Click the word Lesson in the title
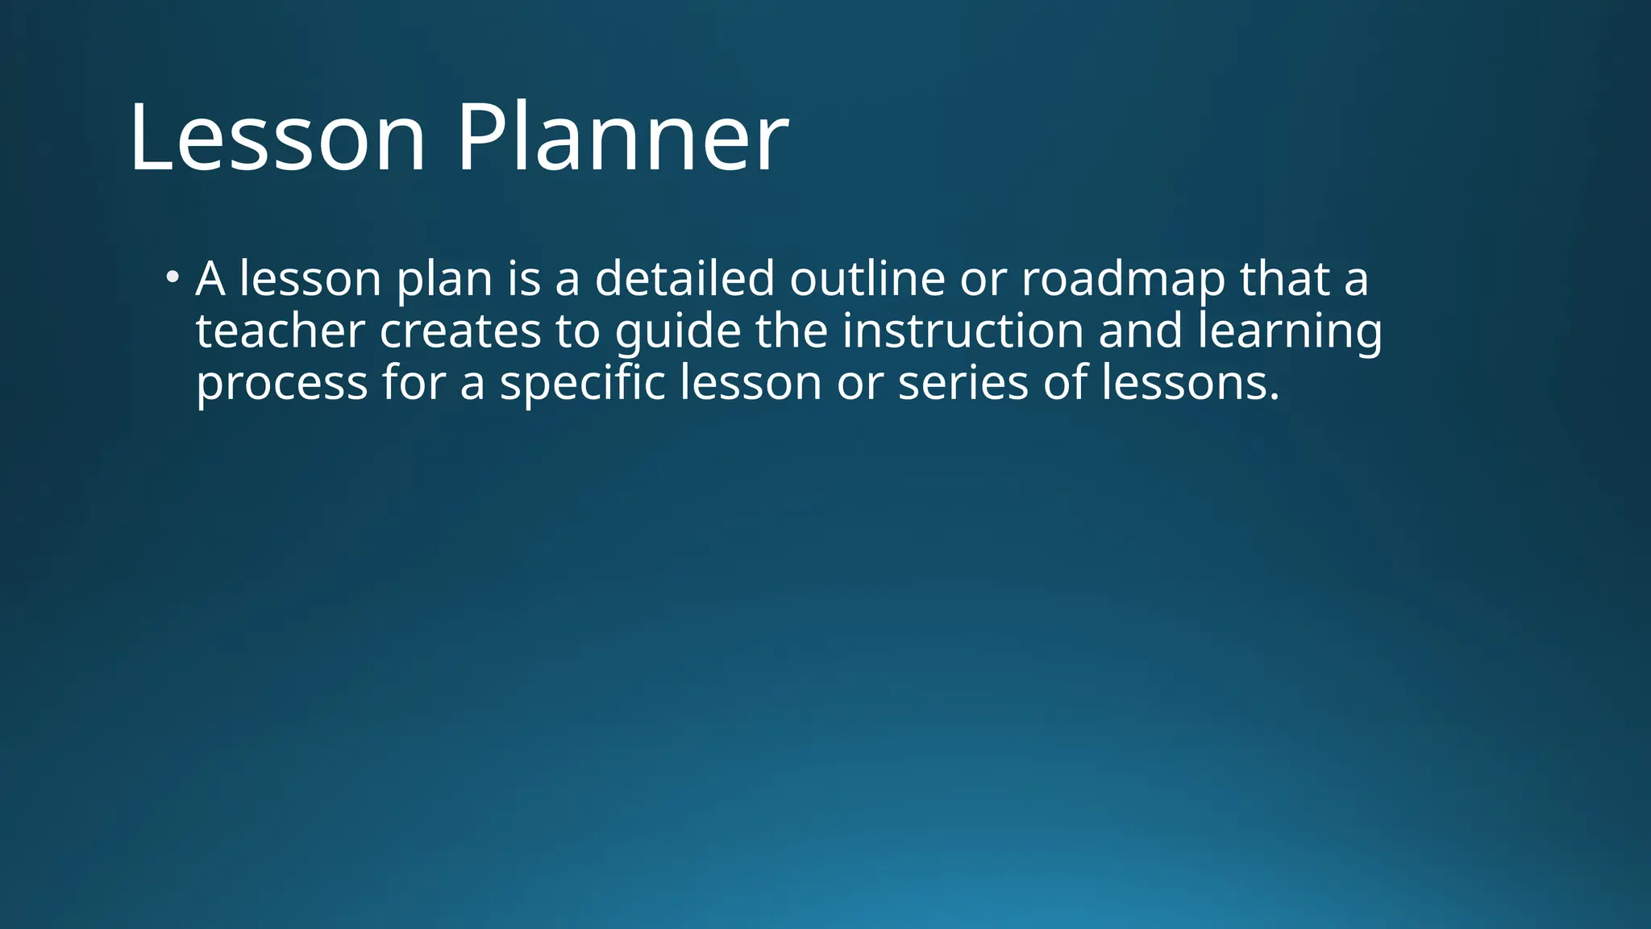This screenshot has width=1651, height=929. [x=277, y=137]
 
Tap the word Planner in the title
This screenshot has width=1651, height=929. [x=622, y=137]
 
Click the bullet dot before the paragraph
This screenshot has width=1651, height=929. [x=171, y=278]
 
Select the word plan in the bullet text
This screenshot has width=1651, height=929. [x=444, y=280]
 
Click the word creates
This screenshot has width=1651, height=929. [x=460, y=331]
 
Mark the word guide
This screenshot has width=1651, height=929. [x=678, y=332]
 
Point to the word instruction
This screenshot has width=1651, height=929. [x=963, y=331]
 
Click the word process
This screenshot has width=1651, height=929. [x=281, y=384]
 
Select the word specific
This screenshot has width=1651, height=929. [x=582, y=383]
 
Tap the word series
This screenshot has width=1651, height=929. [x=963, y=382]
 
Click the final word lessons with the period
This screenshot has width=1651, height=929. [x=1190, y=382]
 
